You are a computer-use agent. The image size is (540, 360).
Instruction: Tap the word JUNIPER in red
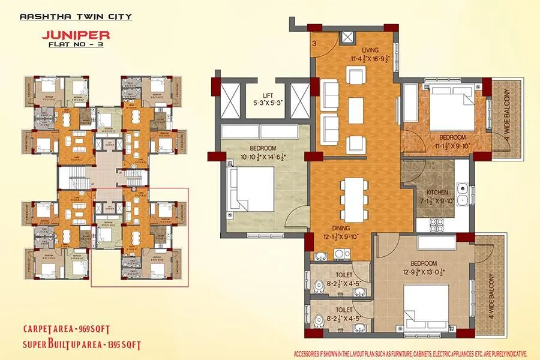click(75, 35)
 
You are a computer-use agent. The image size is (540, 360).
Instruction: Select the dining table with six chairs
click(352, 200)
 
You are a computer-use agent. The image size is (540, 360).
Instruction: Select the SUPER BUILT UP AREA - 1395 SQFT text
click(82, 345)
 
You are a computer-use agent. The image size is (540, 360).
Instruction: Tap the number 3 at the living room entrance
click(314, 43)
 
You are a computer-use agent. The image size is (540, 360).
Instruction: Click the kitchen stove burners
click(436, 224)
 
